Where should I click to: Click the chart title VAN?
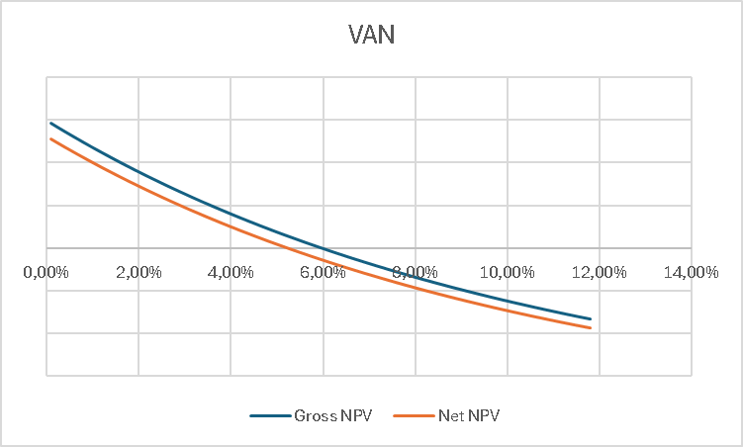click(x=371, y=35)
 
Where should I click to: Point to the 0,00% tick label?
click(x=46, y=272)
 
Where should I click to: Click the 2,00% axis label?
click(x=139, y=272)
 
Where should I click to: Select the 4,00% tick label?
click(x=231, y=272)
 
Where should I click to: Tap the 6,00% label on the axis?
click(x=323, y=272)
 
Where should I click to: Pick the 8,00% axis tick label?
click(x=415, y=272)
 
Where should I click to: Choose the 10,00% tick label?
click(x=507, y=272)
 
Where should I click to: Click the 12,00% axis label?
click(x=599, y=272)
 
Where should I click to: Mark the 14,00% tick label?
click(x=691, y=272)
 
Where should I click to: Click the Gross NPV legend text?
click(x=332, y=415)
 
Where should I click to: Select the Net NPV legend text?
click(x=468, y=415)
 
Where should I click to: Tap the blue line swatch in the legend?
click(x=269, y=415)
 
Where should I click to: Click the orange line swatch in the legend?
click(x=413, y=415)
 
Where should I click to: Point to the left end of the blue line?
click(x=50, y=124)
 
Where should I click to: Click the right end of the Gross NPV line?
click(x=590, y=318)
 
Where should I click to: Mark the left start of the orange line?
click(x=50, y=138)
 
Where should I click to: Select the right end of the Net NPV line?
click(x=590, y=327)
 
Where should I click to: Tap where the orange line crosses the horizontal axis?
click(x=286, y=248)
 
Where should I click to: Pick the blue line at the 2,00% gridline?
click(x=139, y=173)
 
